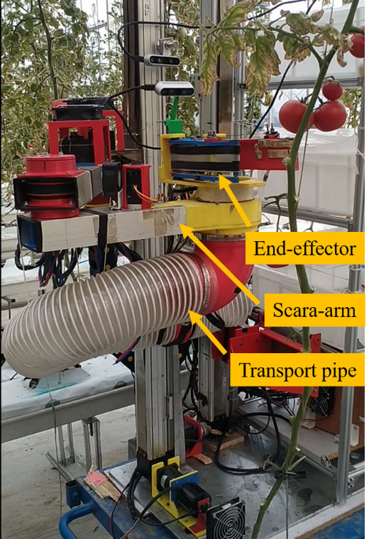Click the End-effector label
(x=304, y=248)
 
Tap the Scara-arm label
(x=314, y=310)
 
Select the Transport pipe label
(x=298, y=370)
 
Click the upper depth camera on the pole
(x=162, y=60)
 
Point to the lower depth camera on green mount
(x=175, y=89)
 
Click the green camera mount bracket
(x=174, y=117)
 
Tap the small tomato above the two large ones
(x=332, y=90)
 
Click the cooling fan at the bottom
(x=226, y=519)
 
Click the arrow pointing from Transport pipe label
(x=207, y=333)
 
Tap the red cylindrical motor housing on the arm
(x=51, y=186)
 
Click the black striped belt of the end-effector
(x=205, y=157)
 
